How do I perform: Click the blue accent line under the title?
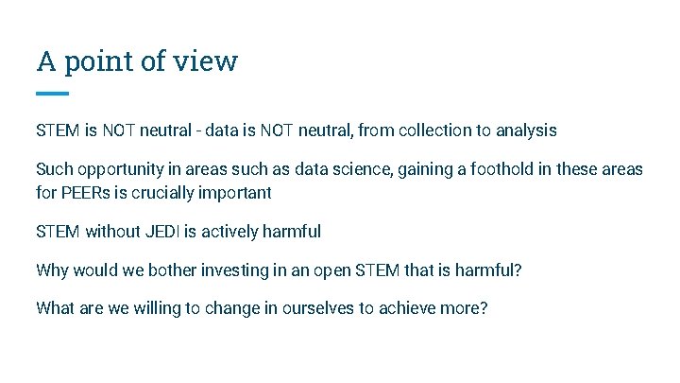[x=52, y=94]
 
